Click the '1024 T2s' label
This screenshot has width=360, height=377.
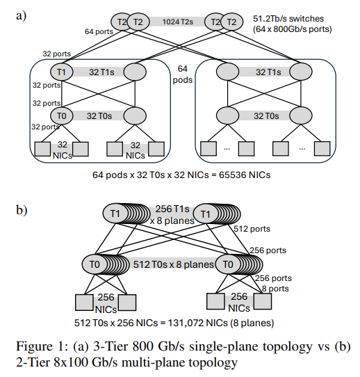[x=177, y=22]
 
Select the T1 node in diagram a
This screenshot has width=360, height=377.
[x=61, y=72]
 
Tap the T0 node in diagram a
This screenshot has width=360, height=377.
[x=61, y=116]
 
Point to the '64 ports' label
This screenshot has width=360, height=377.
[x=99, y=31]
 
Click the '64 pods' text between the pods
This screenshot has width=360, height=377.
[x=183, y=74]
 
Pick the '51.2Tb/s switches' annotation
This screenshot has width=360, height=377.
[x=288, y=19]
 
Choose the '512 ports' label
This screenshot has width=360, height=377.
[x=252, y=229]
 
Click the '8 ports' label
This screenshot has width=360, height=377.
[x=275, y=289]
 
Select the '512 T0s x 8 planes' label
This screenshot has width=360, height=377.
[x=173, y=264]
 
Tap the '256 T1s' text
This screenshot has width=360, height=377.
[x=172, y=209]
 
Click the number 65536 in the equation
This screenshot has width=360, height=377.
[x=233, y=175]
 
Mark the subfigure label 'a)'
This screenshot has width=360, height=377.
[x=21, y=16]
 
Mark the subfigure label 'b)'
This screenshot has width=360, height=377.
[x=22, y=210]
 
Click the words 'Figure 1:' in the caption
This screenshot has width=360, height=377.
[x=43, y=346]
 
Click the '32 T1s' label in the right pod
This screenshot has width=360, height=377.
[x=268, y=72]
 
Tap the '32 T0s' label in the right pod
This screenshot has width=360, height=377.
[x=266, y=116]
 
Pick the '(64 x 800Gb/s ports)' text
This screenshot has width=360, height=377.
[x=293, y=29]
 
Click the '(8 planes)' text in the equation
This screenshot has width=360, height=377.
[x=252, y=323]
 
